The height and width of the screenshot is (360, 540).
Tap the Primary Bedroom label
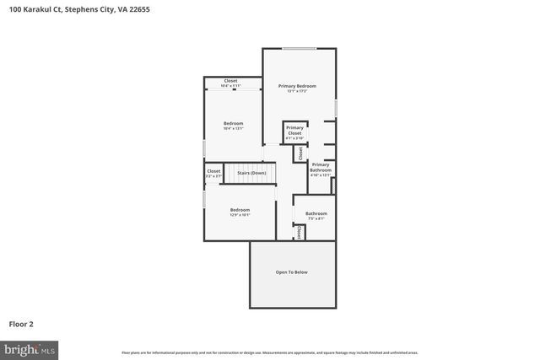click(297, 86)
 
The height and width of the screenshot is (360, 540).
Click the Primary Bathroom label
click(321, 167)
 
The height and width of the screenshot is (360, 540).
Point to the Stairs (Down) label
click(251, 172)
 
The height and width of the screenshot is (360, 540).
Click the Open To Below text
click(292, 272)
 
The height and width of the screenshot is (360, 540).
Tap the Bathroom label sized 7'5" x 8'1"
click(316, 213)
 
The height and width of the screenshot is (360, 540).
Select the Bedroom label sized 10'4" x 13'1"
click(233, 124)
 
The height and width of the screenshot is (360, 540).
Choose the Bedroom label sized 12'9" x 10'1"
click(240, 210)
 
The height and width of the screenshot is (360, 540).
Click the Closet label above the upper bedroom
click(230, 81)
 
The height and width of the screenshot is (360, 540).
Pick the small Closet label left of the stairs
click(213, 171)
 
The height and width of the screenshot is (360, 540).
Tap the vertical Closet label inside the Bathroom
click(299, 232)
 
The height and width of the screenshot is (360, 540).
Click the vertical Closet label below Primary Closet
click(300, 153)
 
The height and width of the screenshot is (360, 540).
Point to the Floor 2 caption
click(21, 323)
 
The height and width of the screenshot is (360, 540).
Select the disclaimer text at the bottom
click(270, 352)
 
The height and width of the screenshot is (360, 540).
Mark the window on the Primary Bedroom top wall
click(294, 49)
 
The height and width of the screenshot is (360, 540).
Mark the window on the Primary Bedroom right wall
click(336, 108)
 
